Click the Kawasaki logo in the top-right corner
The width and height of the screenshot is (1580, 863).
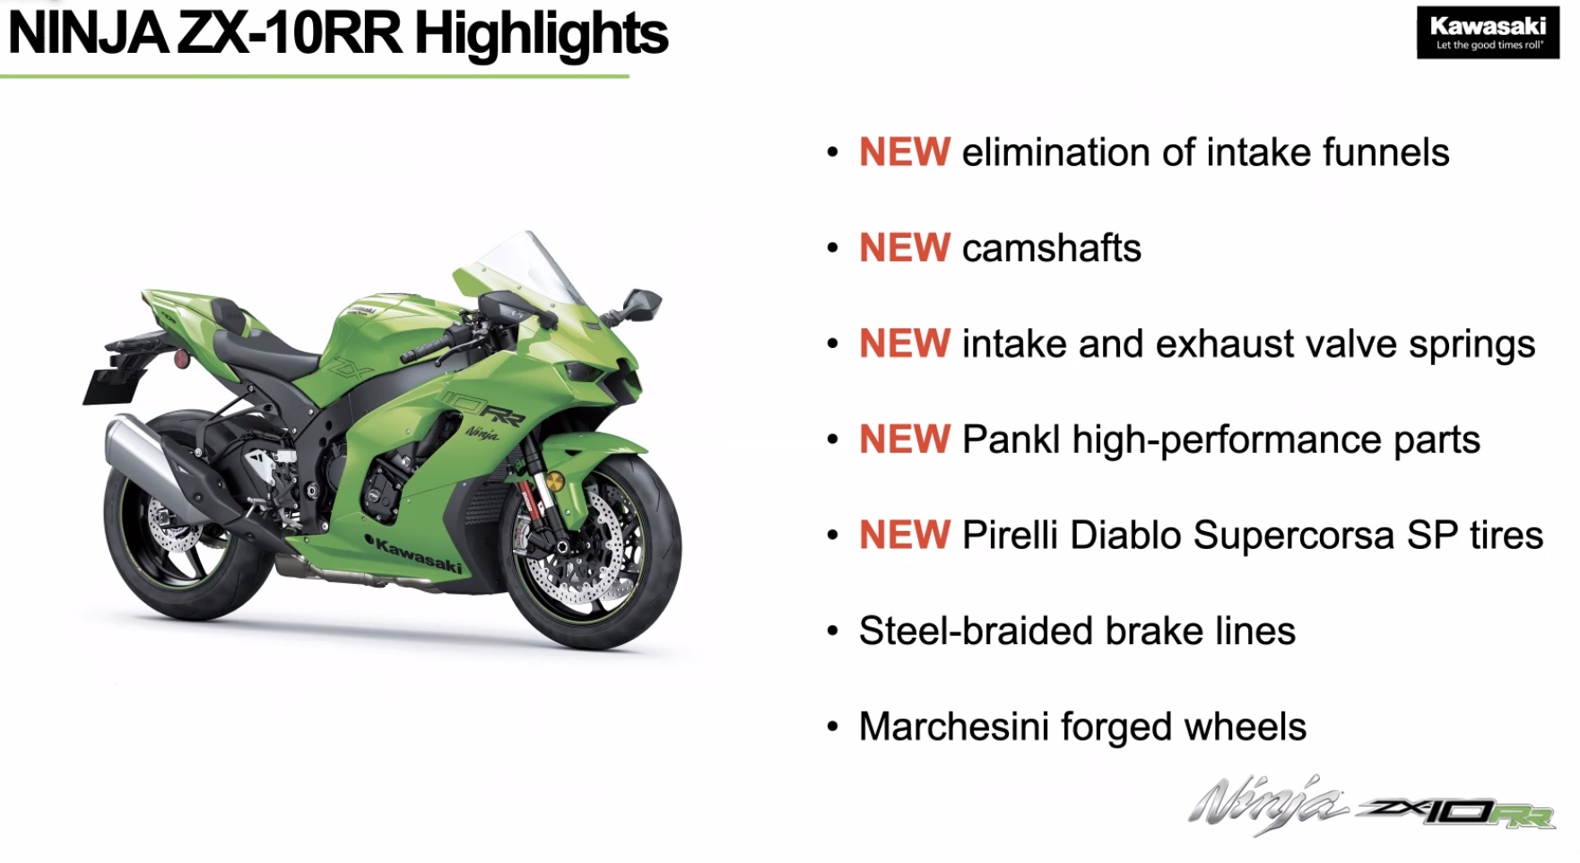pos(1488,33)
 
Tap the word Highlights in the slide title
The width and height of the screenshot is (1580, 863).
pos(541,34)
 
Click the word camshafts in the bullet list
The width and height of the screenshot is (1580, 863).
pos(1051,248)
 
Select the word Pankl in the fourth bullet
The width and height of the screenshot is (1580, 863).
pos(1011,440)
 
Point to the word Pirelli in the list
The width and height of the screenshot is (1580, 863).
pos(1010,536)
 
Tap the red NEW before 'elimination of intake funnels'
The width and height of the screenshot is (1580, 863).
pos(904,153)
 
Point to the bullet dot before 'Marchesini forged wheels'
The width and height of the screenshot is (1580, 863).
pos(833,727)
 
